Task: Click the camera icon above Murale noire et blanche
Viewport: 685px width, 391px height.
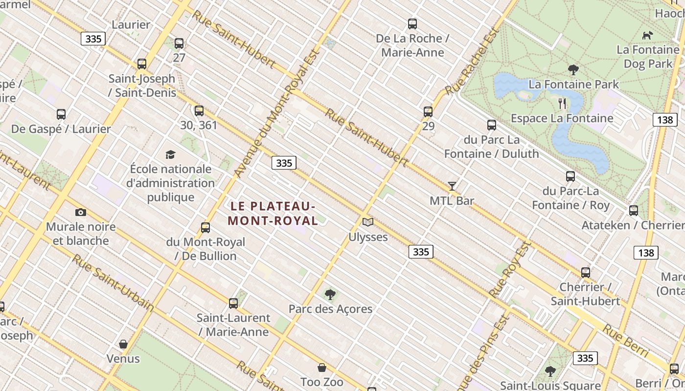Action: point(81,212)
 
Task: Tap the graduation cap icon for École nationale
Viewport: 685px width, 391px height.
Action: point(170,154)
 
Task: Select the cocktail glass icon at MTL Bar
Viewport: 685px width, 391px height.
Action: point(452,186)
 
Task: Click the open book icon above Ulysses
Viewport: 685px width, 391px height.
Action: point(368,222)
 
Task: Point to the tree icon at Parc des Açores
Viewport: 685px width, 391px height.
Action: point(330,294)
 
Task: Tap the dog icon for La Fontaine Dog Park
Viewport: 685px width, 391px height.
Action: point(647,35)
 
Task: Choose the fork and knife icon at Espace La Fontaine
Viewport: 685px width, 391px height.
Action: point(562,103)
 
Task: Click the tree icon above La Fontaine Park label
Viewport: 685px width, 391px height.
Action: point(573,70)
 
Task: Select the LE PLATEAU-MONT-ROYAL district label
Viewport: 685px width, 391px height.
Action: point(273,213)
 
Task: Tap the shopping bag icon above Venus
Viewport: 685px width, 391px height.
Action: point(123,344)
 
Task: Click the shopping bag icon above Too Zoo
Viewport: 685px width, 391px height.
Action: point(322,368)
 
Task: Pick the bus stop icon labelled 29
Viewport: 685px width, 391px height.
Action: point(428,111)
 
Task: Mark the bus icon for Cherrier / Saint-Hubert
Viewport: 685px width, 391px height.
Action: point(586,272)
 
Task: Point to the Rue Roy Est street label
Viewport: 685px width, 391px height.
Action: point(510,269)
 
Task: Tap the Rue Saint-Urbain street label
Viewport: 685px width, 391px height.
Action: point(113,283)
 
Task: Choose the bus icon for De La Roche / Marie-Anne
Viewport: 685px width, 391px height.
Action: point(412,23)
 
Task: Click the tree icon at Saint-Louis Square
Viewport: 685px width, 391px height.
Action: point(550,371)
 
